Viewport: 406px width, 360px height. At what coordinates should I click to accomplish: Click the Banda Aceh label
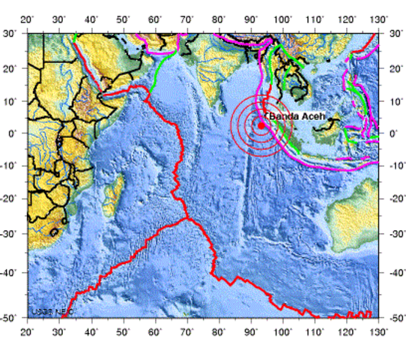point(293,117)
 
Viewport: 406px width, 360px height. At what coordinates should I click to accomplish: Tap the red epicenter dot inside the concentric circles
point(260,125)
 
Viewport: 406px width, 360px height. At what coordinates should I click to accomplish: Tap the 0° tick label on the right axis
point(393,133)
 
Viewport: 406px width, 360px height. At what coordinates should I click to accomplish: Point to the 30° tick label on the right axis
point(394,34)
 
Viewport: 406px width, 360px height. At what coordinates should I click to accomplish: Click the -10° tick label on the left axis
point(13,166)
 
